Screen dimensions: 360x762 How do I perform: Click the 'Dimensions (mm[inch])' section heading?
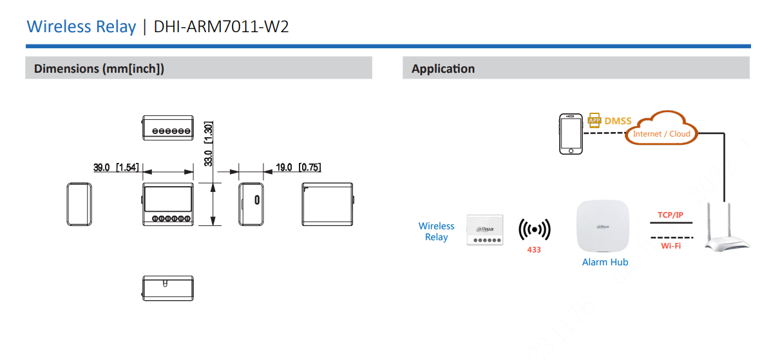point(99,68)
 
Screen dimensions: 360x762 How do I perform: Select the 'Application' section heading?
point(443,68)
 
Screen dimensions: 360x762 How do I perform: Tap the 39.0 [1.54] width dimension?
point(116,167)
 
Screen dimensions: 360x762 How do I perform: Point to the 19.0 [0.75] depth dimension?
point(298,167)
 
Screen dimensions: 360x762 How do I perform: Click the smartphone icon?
point(571,134)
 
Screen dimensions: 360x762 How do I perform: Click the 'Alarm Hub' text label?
point(605,262)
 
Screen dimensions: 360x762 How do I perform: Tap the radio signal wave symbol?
point(534,229)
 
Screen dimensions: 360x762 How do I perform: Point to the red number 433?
point(534,249)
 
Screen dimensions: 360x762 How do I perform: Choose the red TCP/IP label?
point(671,214)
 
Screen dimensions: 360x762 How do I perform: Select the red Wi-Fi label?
point(671,246)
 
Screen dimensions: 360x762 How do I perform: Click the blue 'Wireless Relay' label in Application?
point(436,231)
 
